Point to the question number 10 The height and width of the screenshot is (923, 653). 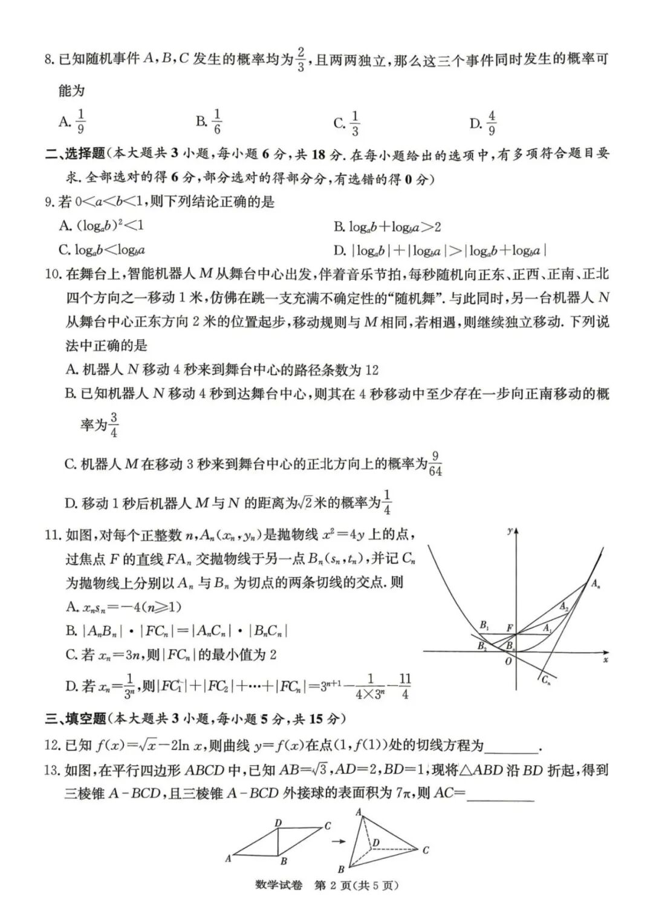pos(53,274)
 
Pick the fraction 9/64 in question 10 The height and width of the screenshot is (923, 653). pos(435,463)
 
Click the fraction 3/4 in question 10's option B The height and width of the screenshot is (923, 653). pos(114,425)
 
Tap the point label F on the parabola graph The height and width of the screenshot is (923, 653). pos(509,628)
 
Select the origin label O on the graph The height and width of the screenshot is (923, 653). pos(508,661)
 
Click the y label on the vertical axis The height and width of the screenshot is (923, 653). pos(510,530)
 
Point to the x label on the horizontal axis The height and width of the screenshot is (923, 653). pos(605,660)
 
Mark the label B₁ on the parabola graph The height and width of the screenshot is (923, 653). pos(484,624)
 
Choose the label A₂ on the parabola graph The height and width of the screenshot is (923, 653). pos(564,606)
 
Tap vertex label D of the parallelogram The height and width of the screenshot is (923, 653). pos(278,823)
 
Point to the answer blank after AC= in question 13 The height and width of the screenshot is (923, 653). pos(501,793)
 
